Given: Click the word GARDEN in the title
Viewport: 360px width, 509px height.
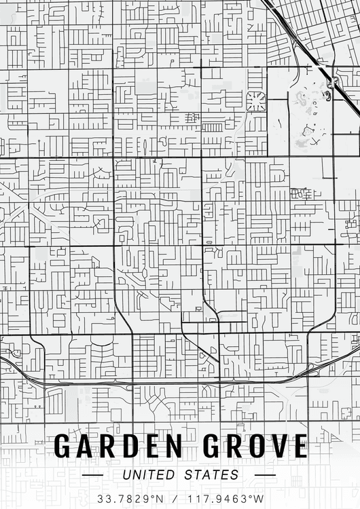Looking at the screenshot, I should (x=118, y=447).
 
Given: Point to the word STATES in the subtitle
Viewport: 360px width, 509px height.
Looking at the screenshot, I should (x=212, y=475).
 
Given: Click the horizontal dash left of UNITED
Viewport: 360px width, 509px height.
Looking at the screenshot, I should (x=92, y=475).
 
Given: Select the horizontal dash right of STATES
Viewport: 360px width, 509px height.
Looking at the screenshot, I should (x=265, y=475).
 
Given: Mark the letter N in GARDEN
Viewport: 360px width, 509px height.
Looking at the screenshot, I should (x=173, y=447).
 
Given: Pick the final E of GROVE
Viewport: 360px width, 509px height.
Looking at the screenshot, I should (x=299, y=447).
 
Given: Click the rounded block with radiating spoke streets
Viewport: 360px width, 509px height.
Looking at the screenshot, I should (x=255, y=101).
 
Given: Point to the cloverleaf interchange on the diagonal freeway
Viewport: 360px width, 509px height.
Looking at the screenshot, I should (x=332, y=83).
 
